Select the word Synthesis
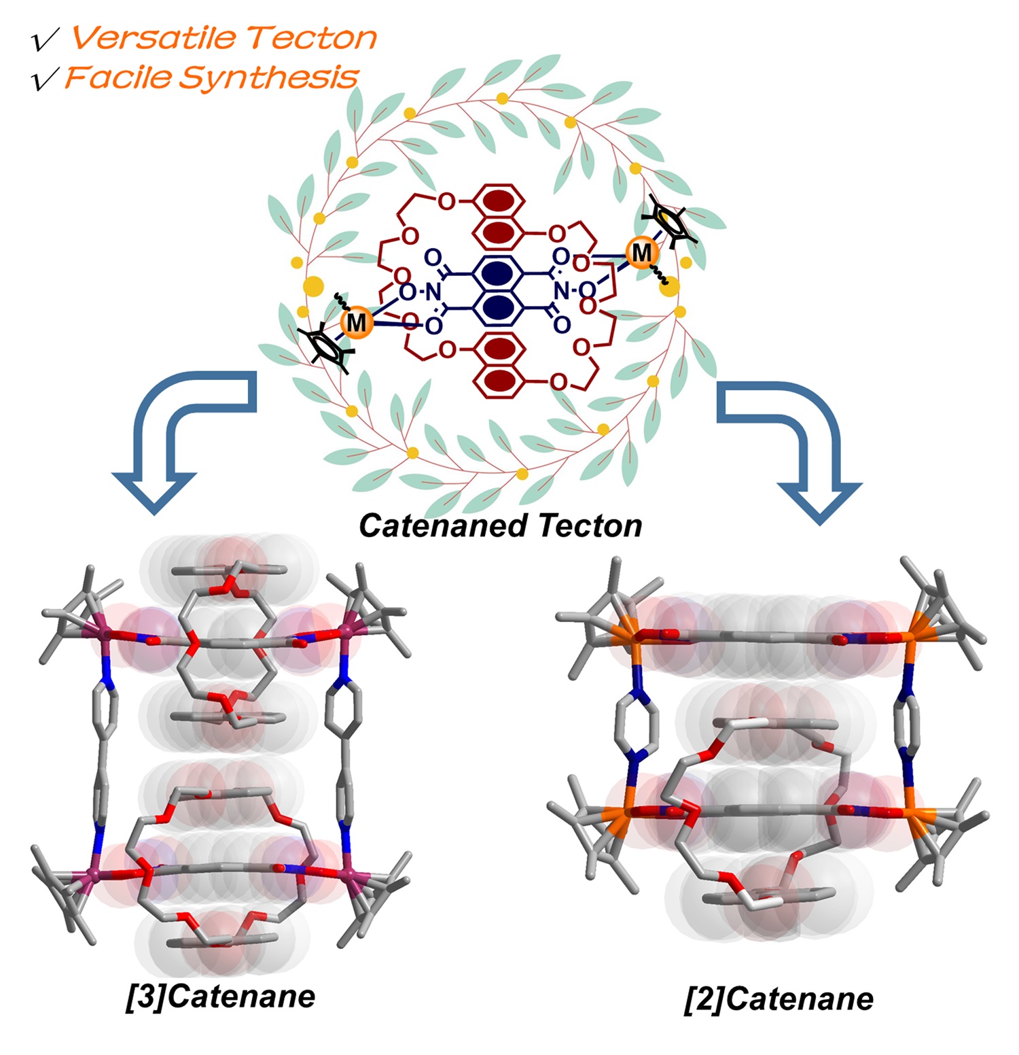pyautogui.click(x=268, y=78)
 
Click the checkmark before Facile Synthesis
pyautogui.click(x=45, y=80)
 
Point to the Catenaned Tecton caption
pyautogui.click(x=500, y=525)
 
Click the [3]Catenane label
pyautogui.click(x=221, y=997)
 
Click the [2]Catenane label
pyautogui.click(x=779, y=999)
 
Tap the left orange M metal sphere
pyautogui.click(x=356, y=322)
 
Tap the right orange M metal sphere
pyautogui.click(x=641, y=253)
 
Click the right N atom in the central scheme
pyautogui.click(x=561, y=291)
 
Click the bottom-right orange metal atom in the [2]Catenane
pyautogui.click(x=912, y=812)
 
